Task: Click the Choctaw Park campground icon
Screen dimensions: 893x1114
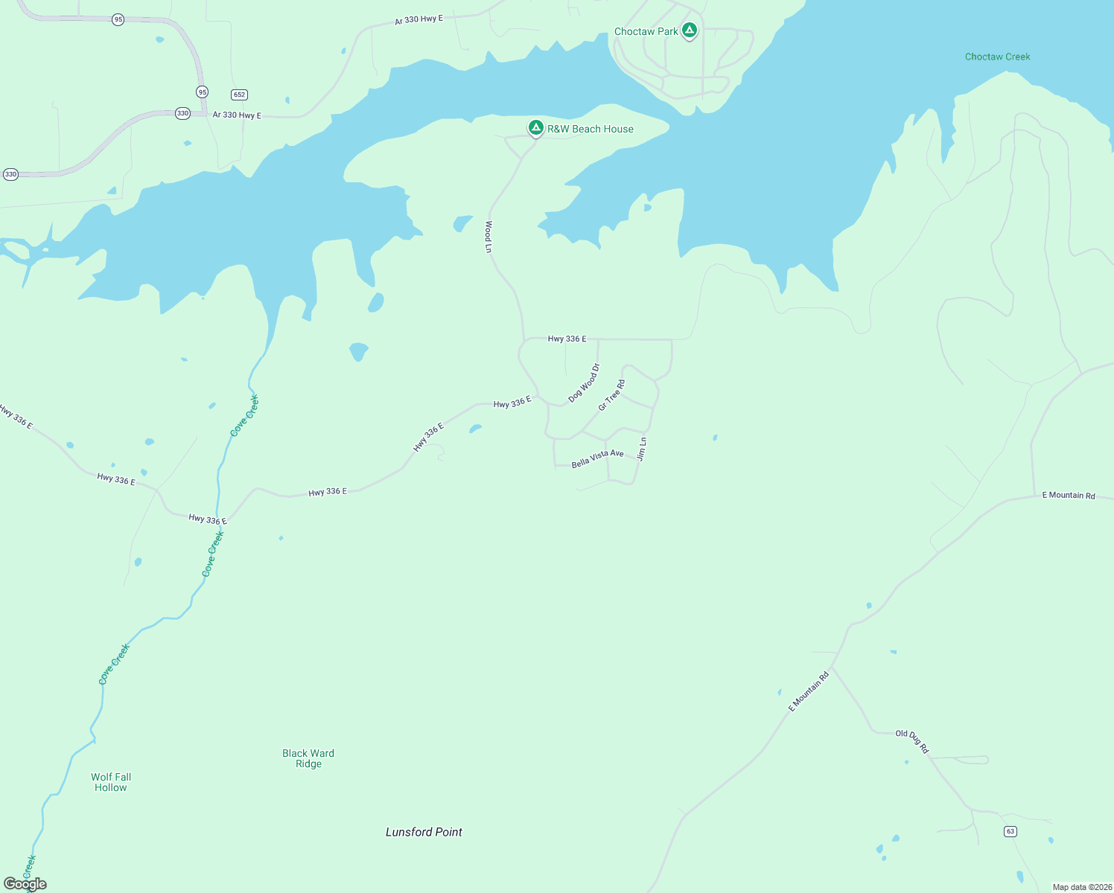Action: [x=690, y=31]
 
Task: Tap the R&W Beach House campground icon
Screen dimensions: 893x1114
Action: [x=535, y=127]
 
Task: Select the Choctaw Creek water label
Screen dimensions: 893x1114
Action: [x=997, y=57]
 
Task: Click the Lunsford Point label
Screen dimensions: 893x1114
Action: [x=424, y=832]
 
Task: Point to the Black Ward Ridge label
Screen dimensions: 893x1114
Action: [x=308, y=758]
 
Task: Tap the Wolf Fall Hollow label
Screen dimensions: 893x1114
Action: [x=111, y=782]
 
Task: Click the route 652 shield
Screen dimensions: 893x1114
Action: [x=239, y=95]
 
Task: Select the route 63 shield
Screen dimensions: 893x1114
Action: [x=1010, y=831]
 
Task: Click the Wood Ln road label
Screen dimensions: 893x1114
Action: [x=488, y=237]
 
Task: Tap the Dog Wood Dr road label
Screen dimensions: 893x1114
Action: [x=584, y=383]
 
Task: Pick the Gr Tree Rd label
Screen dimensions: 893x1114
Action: [x=612, y=395]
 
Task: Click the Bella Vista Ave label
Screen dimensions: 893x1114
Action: [x=597, y=458]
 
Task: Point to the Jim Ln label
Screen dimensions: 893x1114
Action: [x=642, y=449]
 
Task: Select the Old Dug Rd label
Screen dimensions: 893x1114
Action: [x=912, y=741]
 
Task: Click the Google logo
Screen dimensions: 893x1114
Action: [x=25, y=884]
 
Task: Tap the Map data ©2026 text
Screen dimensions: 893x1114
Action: [x=1082, y=887]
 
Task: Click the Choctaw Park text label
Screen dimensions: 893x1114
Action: [x=646, y=31]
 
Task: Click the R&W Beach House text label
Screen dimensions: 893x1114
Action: [x=591, y=129]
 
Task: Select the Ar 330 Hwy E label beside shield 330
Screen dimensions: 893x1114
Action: [x=237, y=115]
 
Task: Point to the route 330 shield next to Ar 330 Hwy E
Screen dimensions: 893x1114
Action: [x=182, y=113]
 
